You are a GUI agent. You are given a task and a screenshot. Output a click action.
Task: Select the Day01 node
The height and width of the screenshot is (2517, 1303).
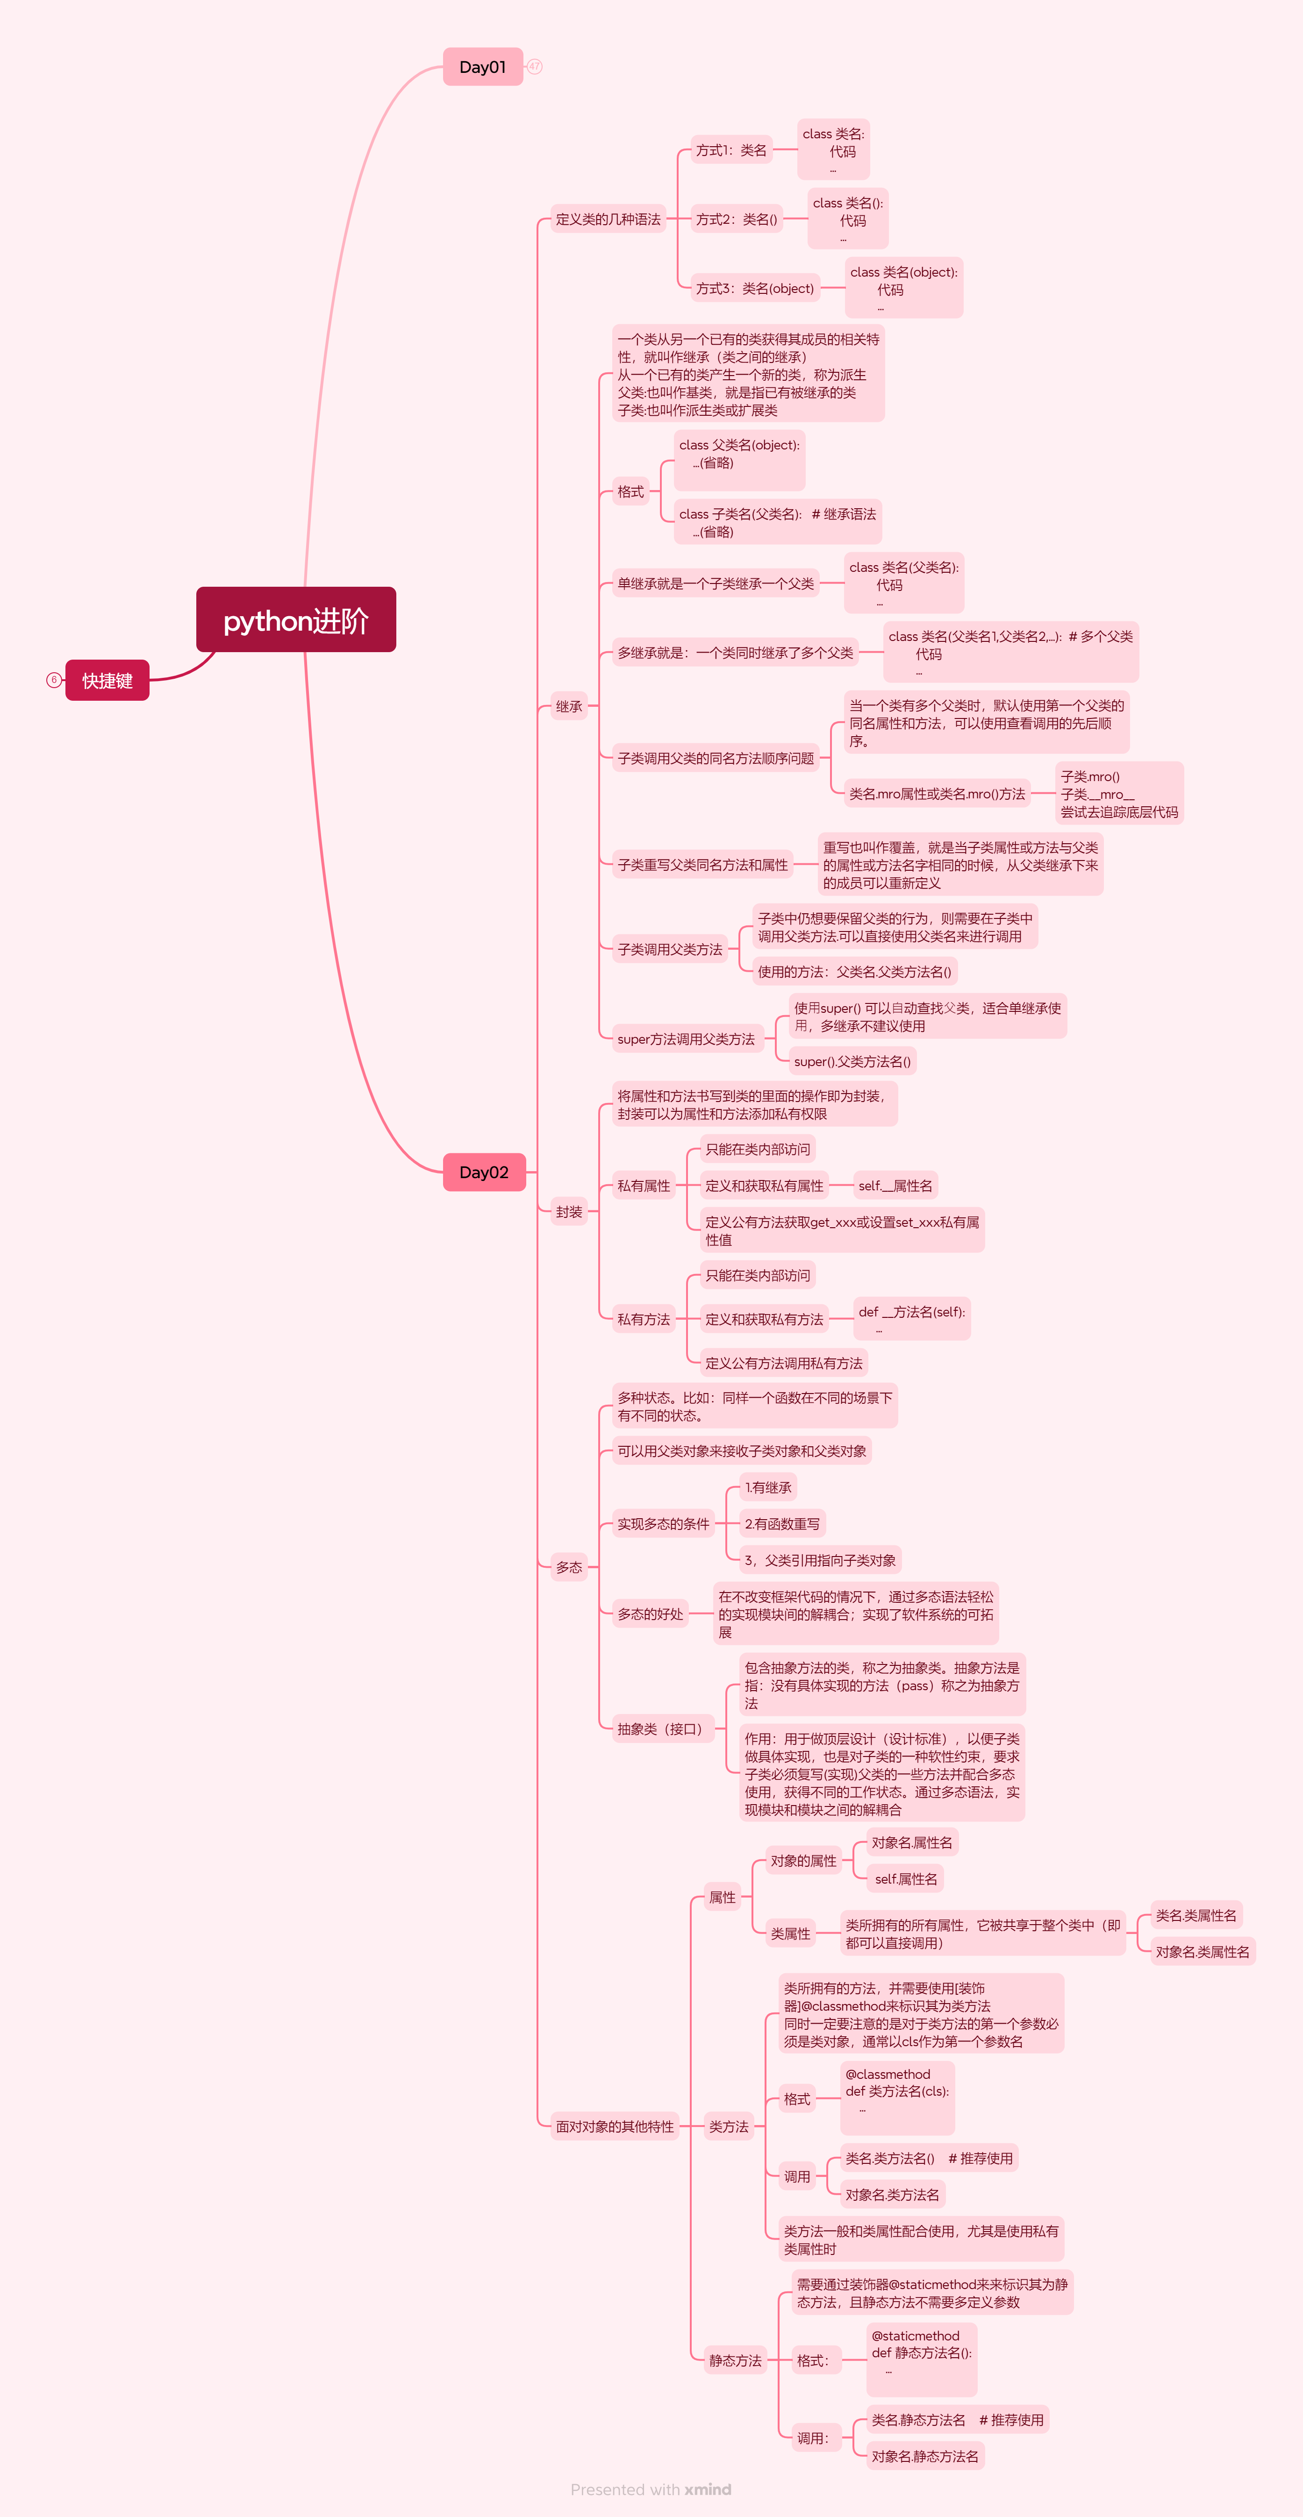point(483,66)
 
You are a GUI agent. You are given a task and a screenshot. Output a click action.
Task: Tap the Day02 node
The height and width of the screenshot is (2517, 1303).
point(484,1172)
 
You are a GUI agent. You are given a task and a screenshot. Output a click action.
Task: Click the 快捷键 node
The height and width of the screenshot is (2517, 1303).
point(107,680)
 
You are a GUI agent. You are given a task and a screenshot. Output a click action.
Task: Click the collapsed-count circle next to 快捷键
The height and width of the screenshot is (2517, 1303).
point(54,680)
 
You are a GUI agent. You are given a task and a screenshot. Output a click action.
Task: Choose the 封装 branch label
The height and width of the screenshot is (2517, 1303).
point(569,1212)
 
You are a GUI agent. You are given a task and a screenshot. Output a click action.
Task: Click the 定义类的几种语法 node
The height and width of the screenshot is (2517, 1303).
point(608,219)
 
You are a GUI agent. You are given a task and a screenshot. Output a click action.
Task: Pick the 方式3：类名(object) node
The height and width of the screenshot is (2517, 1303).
point(755,288)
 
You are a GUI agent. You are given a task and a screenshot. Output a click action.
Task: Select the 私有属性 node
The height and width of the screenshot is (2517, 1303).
point(643,1185)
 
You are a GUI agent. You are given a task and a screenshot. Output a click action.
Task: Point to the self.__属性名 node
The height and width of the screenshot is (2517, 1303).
point(895,1185)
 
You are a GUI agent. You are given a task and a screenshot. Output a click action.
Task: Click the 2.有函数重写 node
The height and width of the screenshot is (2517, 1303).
point(782,1523)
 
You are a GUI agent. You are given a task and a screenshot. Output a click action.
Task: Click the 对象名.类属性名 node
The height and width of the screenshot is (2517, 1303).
point(1203,1951)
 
